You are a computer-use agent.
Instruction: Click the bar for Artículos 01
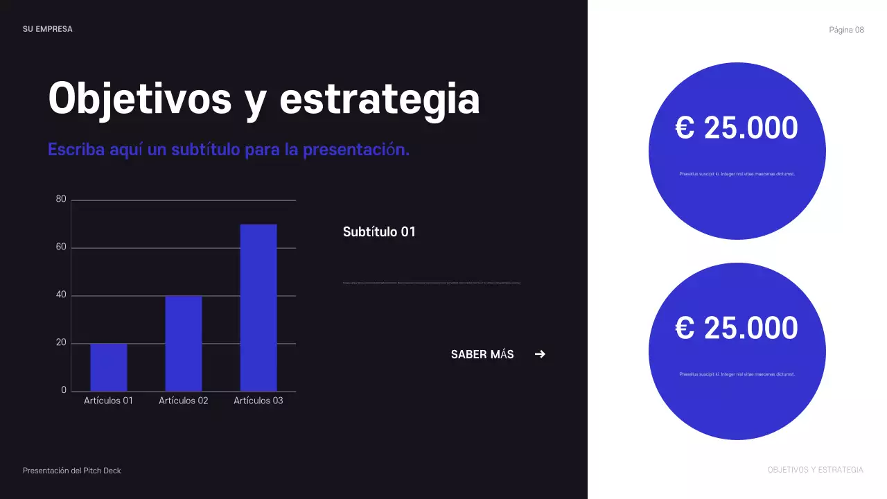pos(109,367)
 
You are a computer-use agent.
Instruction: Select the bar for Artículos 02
pos(184,344)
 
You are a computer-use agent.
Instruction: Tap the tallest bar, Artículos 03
pos(258,308)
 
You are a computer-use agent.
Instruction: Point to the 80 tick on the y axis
pos(61,200)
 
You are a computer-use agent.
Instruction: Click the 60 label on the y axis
pos(61,247)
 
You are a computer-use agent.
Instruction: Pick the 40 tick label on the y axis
pos(61,295)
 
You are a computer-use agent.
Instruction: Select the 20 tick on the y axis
pos(61,343)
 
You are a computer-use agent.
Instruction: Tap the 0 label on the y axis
pos(64,390)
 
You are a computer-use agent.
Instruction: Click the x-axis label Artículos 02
pos(184,401)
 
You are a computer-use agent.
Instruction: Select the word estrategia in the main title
pos(380,98)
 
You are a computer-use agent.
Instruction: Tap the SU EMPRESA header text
pos(48,29)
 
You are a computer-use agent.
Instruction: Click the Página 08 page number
pos(846,30)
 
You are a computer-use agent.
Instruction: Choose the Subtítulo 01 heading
pos(379,232)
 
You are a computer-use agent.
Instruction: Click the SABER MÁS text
pos(482,355)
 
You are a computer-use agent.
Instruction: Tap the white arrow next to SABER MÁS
pos(540,354)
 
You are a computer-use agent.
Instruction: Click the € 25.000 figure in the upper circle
pos(737,128)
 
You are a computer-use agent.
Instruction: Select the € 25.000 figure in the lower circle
pos(737,328)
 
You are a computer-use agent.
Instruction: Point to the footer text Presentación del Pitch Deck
pos(72,471)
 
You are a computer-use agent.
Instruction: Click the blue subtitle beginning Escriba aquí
pos(229,150)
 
